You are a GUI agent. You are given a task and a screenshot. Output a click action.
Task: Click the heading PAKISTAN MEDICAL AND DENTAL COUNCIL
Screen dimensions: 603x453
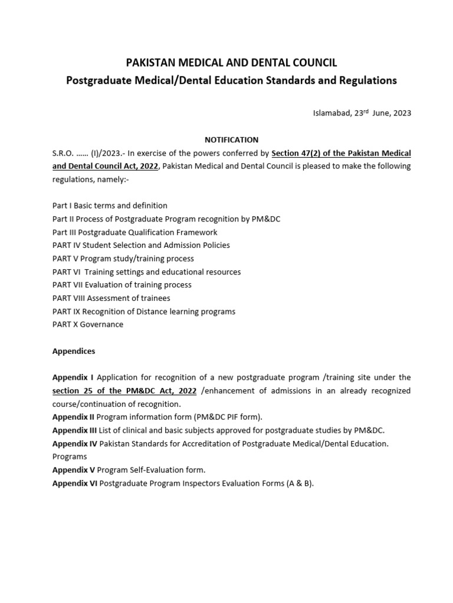231,63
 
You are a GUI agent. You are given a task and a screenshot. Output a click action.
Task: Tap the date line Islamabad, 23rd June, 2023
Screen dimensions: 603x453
362,113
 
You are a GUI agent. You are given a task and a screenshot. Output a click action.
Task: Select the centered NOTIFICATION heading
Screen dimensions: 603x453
231,140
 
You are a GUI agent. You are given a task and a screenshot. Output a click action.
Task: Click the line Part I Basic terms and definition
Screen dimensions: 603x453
110,206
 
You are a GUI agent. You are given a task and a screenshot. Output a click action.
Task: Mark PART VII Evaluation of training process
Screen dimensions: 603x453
122,284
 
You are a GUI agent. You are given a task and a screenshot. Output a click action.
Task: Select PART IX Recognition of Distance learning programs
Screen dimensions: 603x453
143,311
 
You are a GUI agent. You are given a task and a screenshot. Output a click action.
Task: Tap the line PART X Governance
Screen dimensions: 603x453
88,324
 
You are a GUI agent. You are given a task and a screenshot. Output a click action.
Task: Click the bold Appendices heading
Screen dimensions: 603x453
74,351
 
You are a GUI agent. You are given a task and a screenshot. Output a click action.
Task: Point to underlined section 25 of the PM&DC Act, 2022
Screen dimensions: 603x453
124,391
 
